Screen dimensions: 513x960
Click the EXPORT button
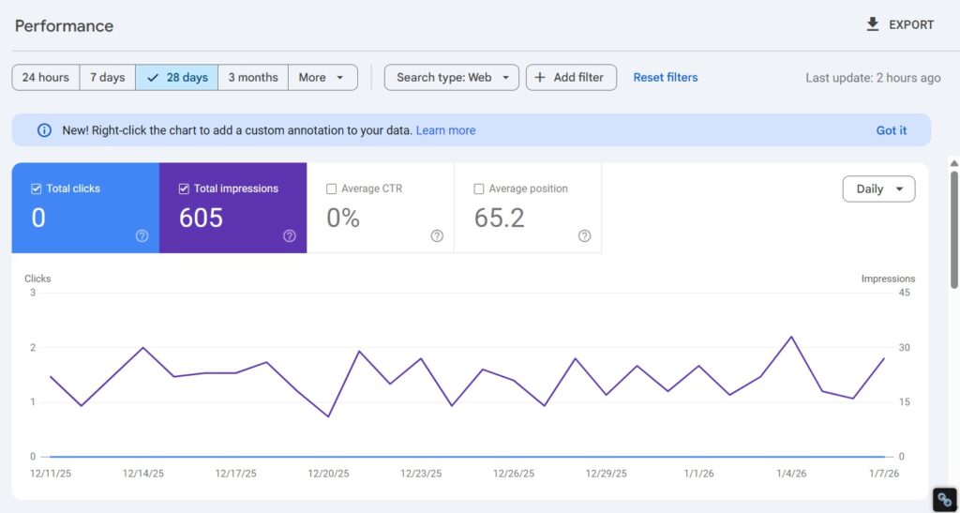point(900,25)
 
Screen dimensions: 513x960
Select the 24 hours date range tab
point(46,78)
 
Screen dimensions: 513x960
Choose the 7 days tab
point(108,78)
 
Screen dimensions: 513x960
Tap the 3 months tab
point(253,78)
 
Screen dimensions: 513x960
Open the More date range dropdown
point(322,78)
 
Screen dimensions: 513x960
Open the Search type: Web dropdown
point(452,78)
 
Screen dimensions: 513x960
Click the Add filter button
point(571,78)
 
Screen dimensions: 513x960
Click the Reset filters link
point(666,78)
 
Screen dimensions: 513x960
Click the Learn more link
point(445,130)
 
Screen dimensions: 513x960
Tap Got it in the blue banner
point(892,130)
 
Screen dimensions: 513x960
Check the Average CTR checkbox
point(331,189)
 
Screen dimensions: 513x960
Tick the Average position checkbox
point(480,189)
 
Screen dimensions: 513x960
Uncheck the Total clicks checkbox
point(37,189)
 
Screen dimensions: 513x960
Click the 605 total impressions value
point(201,219)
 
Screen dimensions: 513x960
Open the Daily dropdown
point(878,189)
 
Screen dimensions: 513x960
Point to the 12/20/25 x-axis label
point(328,474)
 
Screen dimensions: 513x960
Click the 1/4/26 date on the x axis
point(791,474)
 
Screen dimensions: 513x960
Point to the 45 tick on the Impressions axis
point(905,293)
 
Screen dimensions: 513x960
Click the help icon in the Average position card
point(585,236)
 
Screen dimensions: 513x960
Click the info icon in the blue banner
point(44,130)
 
